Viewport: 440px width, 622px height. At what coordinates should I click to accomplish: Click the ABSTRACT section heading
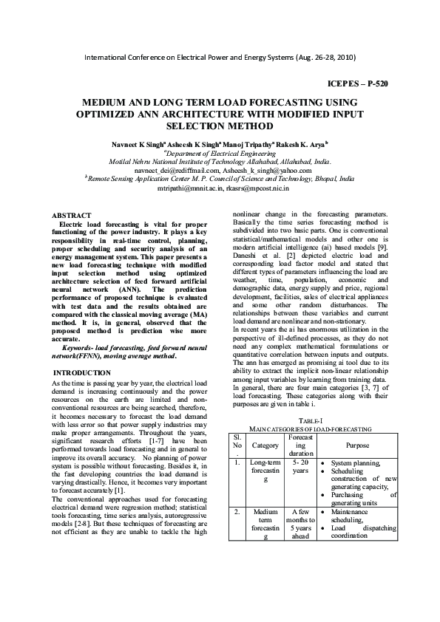(x=77, y=214)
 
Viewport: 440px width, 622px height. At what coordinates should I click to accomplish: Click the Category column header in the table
(x=265, y=445)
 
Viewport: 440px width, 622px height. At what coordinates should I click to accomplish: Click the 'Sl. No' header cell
(x=237, y=441)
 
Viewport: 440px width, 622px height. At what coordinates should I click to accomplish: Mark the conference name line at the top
(x=220, y=57)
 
